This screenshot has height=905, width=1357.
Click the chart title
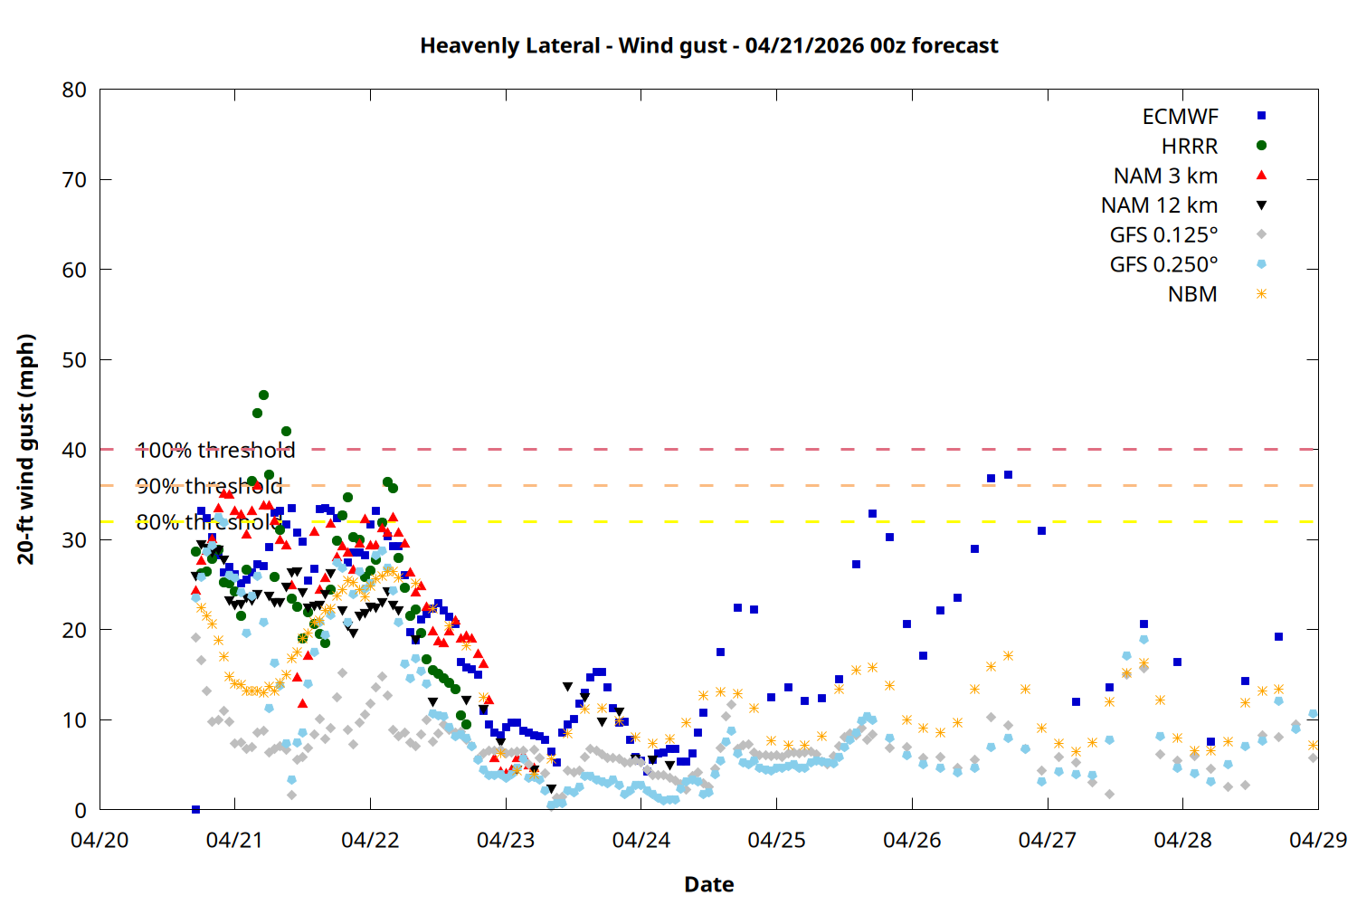pyautogui.click(x=708, y=45)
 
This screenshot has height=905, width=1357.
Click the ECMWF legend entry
pyautogui.click(x=1180, y=117)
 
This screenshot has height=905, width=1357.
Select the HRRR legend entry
pyautogui.click(x=1190, y=147)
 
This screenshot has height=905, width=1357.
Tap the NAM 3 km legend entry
pyautogui.click(x=1165, y=176)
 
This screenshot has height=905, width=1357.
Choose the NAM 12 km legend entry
pyautogui.click(x=1159, y=205)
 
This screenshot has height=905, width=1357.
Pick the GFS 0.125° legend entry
pyautogui.click(x=1163, y=235)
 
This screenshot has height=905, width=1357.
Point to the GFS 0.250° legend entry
pyautogui.click(x=1163, y=265)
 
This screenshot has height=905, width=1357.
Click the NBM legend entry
pyautogui.click(x=1192, y=295)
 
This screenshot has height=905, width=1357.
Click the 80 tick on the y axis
pyautogui.click(x=74, y=90)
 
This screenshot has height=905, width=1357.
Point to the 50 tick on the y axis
pyautogui.click(x=74, y=359)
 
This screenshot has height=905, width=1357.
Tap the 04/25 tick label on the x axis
pyautogui.click(x=776, y=840)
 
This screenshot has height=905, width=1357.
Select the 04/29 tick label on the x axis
pyautogui.click(x=1317, y=840)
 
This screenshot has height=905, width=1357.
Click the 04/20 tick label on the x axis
pyautogui.click(x=100, y=840)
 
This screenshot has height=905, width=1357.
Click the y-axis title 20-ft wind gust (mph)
pyautogui.click(x=26, y=449)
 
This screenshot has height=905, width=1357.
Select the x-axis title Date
pyautogui.click(x=708, y=884)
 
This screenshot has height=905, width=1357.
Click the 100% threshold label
pyautogui.click(x=215, y=450)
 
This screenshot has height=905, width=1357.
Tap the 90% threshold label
pyautogui.click(x=209, y=486)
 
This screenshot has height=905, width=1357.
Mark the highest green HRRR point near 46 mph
pyautogui.click(x=263, y=395)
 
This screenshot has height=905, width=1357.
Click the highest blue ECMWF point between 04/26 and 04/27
pyautogui.click(x=1008, y=474)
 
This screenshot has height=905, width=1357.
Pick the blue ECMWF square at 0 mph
pyautogui.click(x=195, y=809)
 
